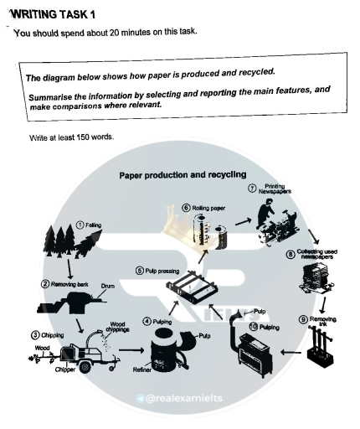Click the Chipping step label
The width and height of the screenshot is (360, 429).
39,334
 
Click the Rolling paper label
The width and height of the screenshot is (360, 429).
208,207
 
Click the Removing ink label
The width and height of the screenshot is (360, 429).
325,320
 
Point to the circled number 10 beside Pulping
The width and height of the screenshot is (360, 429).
255,325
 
